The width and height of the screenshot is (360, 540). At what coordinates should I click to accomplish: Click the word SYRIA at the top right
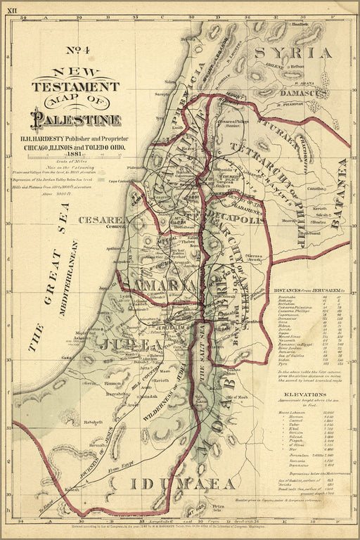[293, 53]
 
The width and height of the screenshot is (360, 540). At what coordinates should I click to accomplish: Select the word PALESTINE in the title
[76, 120]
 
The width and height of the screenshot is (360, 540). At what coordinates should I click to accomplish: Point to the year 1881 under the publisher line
[75, 153]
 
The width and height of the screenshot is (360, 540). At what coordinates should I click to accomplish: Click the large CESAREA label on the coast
[104, 220]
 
